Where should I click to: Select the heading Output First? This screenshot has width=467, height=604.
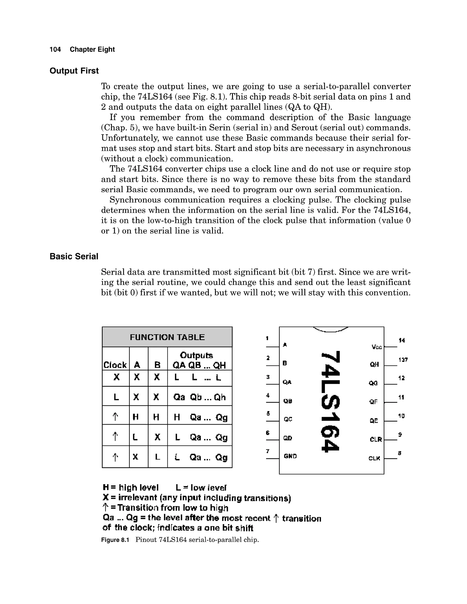[74, 71]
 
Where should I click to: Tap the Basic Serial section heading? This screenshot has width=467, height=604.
[74, 256]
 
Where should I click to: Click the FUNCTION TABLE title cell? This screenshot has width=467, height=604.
[167, 337]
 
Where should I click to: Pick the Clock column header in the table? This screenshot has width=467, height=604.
[115, 365]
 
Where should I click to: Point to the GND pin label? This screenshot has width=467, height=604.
[290, 456]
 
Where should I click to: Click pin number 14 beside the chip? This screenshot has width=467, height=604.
[402, 341]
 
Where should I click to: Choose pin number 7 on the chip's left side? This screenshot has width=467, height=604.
[267, 451]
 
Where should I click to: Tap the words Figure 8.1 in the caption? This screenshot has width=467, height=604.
[115, 540]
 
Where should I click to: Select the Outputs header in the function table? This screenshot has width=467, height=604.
[196, 355]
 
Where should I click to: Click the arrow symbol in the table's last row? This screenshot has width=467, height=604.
[115, 457]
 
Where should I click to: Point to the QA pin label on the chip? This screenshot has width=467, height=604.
[287, 382]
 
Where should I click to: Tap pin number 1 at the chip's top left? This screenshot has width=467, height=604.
[267, 338]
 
